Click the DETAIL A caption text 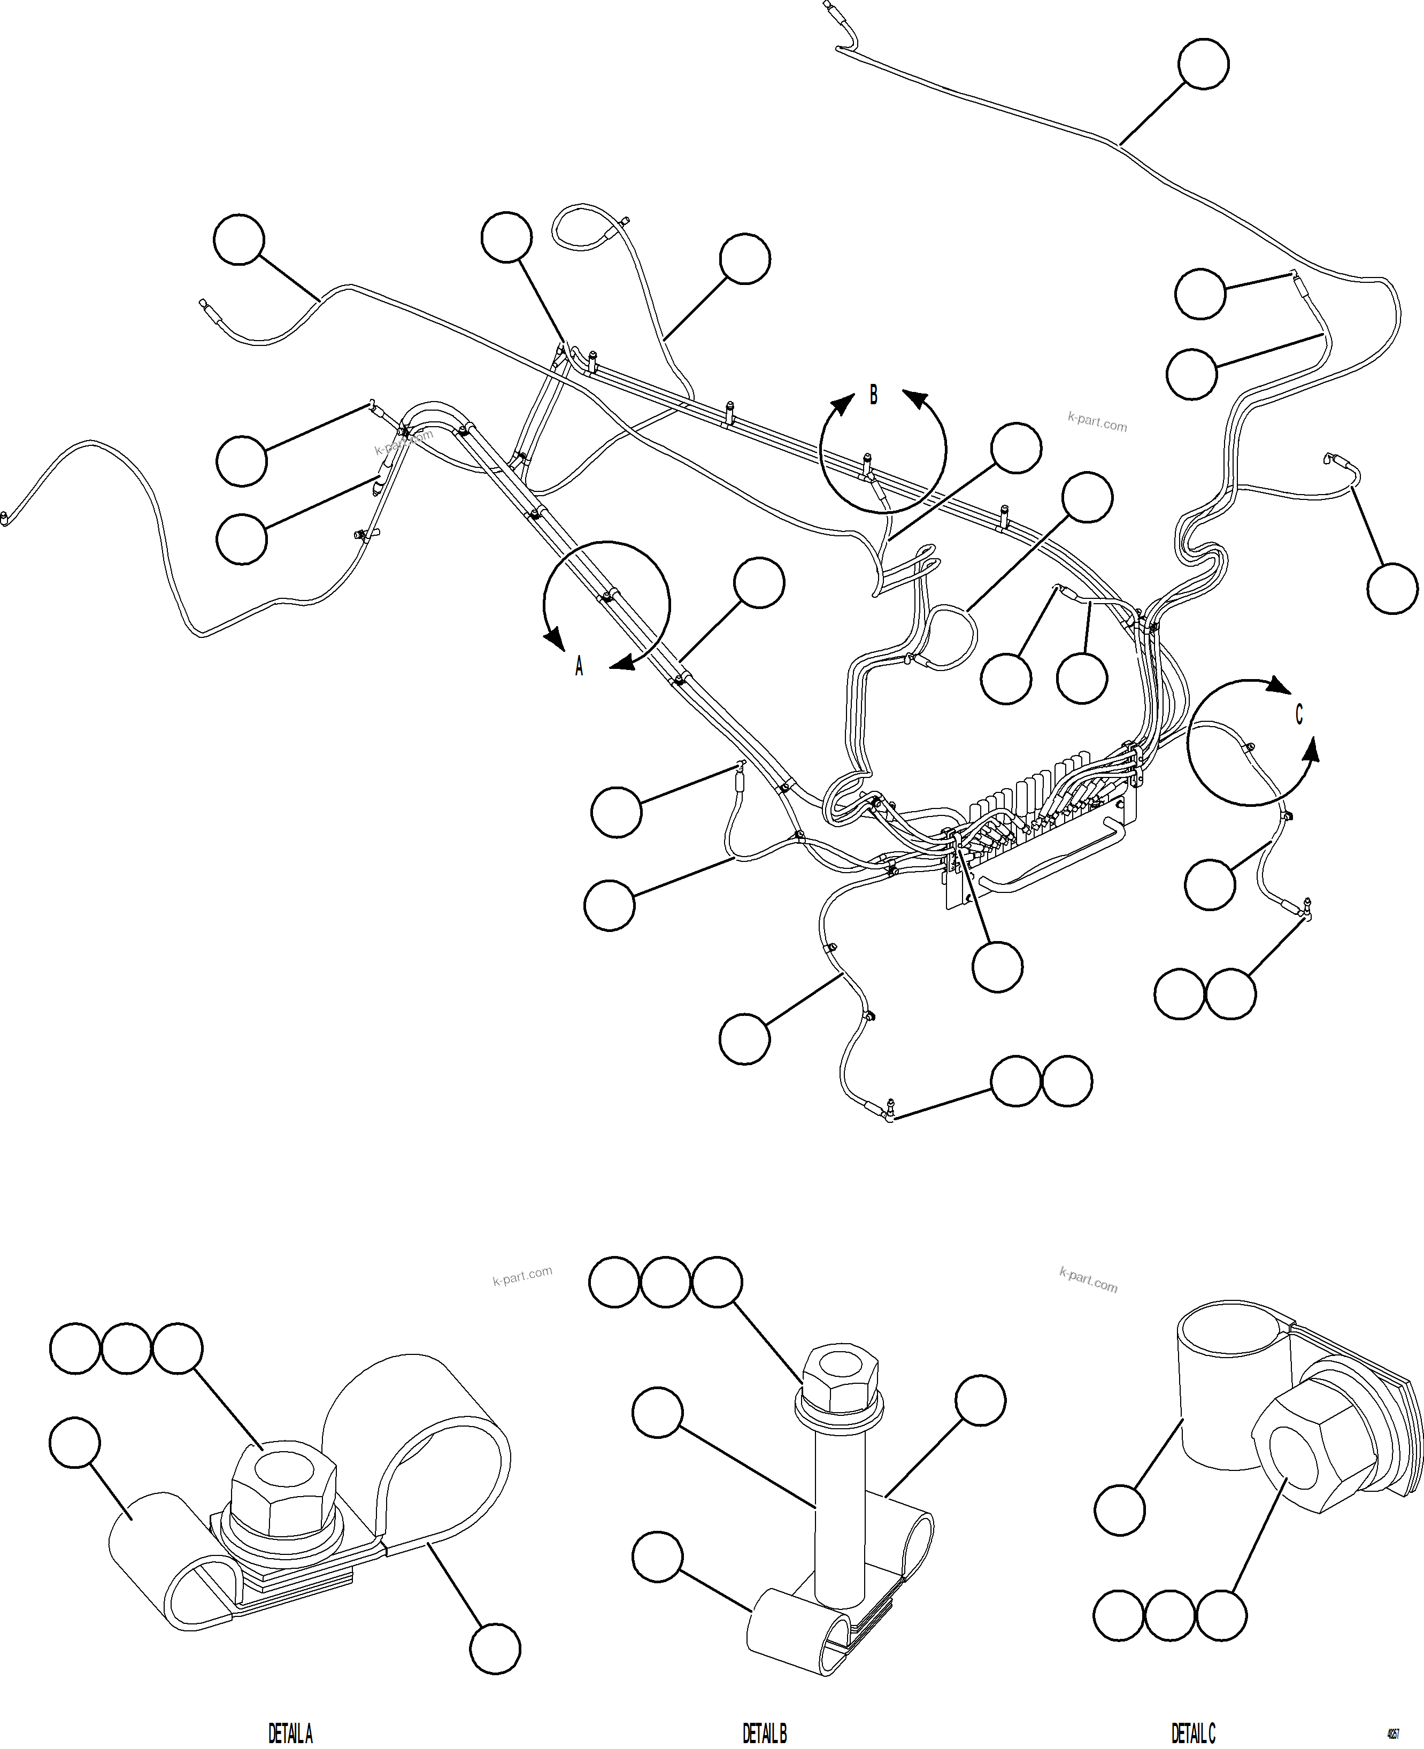tap(290, 1733)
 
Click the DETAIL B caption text tap(765, 1733)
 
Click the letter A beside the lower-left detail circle tap(579, 666)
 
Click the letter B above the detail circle tap(874, 396)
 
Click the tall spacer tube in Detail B tap(840, 1509)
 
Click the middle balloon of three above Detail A tap(126, 1348)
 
